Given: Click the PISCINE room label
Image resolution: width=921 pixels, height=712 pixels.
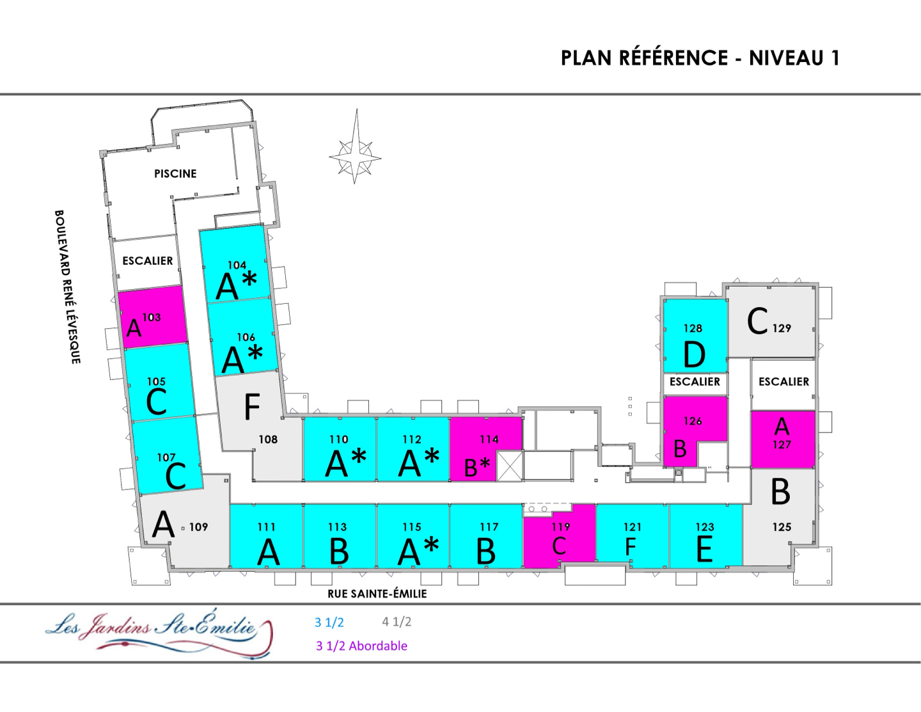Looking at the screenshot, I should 175,173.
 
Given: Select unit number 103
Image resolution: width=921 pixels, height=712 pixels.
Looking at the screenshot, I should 152,317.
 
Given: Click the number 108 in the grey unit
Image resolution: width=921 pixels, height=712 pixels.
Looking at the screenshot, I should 268,439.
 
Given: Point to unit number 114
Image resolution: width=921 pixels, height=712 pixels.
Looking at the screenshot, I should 489,439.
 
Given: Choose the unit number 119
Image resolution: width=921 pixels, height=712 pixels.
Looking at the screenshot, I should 561,527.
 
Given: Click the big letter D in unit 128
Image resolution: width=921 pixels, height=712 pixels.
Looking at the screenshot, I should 695,355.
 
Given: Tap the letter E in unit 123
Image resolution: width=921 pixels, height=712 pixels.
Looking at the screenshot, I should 704,550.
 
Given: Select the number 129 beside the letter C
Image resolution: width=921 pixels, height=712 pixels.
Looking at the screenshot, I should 782,328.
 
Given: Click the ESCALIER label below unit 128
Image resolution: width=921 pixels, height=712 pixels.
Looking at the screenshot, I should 695,382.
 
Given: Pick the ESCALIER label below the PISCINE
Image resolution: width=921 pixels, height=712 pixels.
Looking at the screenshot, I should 148,261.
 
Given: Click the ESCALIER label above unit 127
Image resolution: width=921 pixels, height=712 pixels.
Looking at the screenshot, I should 783,382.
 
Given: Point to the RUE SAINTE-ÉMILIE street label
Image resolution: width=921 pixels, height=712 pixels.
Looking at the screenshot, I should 377,594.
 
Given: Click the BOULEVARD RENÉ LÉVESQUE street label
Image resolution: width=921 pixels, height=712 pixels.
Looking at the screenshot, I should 67,287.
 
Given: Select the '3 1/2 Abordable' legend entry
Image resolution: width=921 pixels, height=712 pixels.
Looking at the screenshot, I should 361,646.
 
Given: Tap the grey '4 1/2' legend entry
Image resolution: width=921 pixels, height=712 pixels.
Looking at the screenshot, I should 397,622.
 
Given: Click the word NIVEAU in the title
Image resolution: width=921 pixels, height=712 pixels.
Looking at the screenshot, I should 786,58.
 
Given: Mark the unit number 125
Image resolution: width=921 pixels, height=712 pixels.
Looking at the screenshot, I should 782,527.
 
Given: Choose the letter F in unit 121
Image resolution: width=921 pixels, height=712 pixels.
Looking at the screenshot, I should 631,548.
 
